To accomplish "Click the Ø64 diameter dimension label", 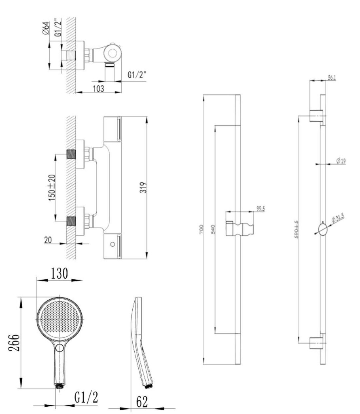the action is (45, 28).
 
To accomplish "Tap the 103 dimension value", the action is (98, 89).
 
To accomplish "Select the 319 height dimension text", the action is (143, 188).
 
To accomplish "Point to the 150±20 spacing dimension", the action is (52, 188).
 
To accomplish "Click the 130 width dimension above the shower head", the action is (59, 273).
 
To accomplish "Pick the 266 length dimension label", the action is (13, 343).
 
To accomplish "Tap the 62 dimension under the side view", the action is (142, 401).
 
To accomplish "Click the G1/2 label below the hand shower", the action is (86, 397).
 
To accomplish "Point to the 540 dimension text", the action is (214, 229).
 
